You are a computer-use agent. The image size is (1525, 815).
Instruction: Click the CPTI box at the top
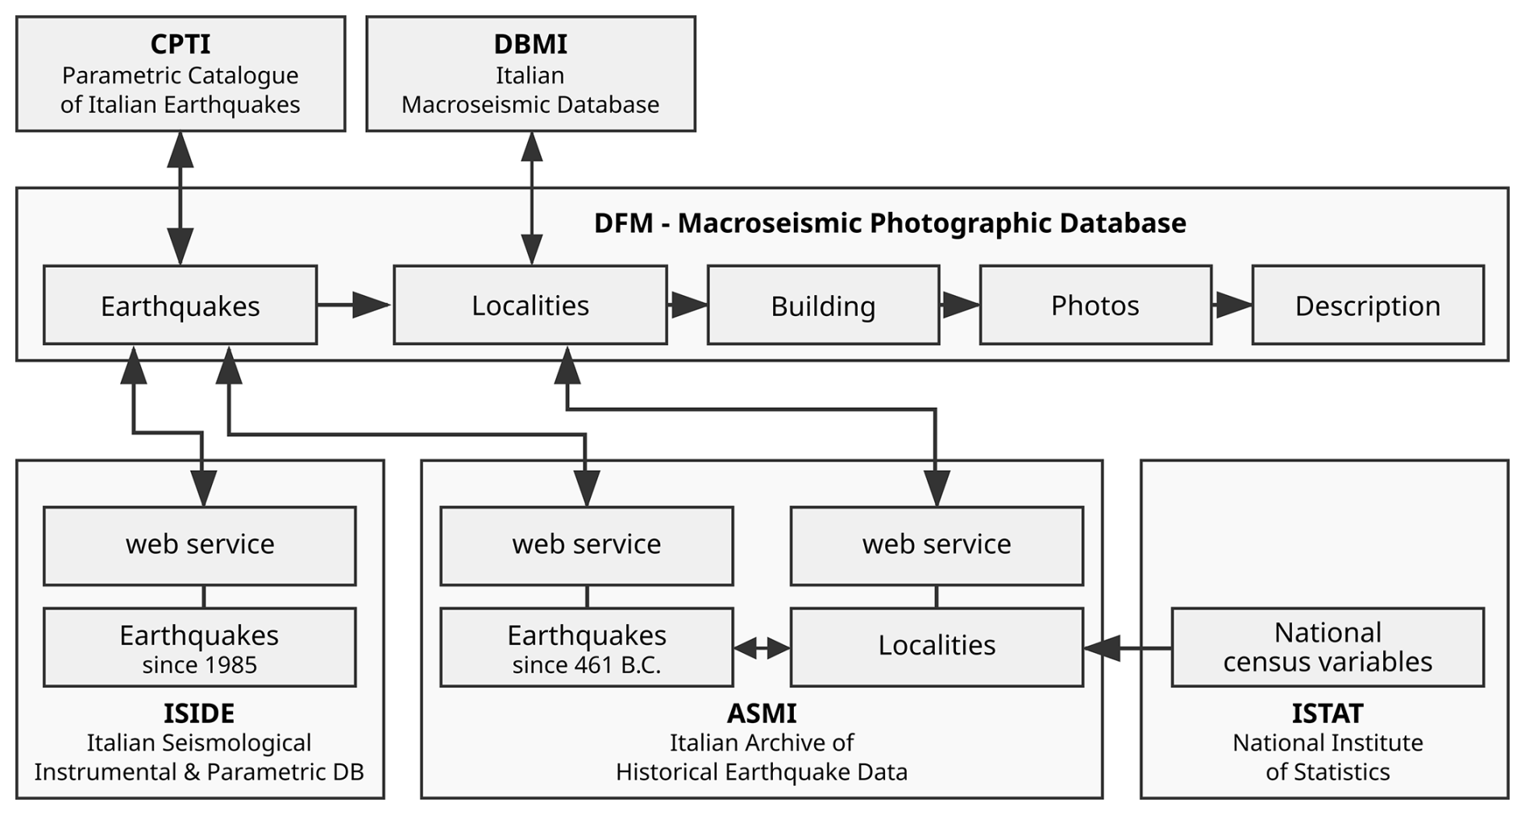[181, 73]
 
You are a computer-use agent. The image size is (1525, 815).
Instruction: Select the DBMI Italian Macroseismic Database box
[530, 73]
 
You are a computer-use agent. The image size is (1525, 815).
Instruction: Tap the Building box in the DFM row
[823, 306]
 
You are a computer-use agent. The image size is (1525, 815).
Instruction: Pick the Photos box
[1095, 306]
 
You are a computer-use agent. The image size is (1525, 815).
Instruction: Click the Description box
[1368, 306]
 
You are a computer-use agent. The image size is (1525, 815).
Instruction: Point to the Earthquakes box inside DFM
[181, 306]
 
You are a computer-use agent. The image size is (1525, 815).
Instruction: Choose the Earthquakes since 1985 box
[199, 647]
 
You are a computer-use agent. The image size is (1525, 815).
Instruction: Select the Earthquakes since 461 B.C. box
[587, 647]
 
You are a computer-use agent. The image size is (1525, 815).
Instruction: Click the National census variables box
[1328, 647]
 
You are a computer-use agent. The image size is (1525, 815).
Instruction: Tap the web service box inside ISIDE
[199, 546]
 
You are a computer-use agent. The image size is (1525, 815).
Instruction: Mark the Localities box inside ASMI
[937, 647]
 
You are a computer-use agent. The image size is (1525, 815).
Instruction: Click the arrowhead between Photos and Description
[1233, 305]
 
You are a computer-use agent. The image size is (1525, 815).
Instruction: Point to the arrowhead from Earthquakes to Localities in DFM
[370, 305]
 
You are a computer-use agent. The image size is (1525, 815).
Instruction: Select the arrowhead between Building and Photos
[961, 305]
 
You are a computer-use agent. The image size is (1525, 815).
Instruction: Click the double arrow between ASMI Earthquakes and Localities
[762, 647]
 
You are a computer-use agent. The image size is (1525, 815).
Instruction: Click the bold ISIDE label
[199, 713]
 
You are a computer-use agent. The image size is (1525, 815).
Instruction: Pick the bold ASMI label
[762, 713]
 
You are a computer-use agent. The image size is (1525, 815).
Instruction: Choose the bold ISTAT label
[1328, 713]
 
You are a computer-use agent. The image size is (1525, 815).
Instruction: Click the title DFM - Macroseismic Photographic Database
[890, 223]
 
